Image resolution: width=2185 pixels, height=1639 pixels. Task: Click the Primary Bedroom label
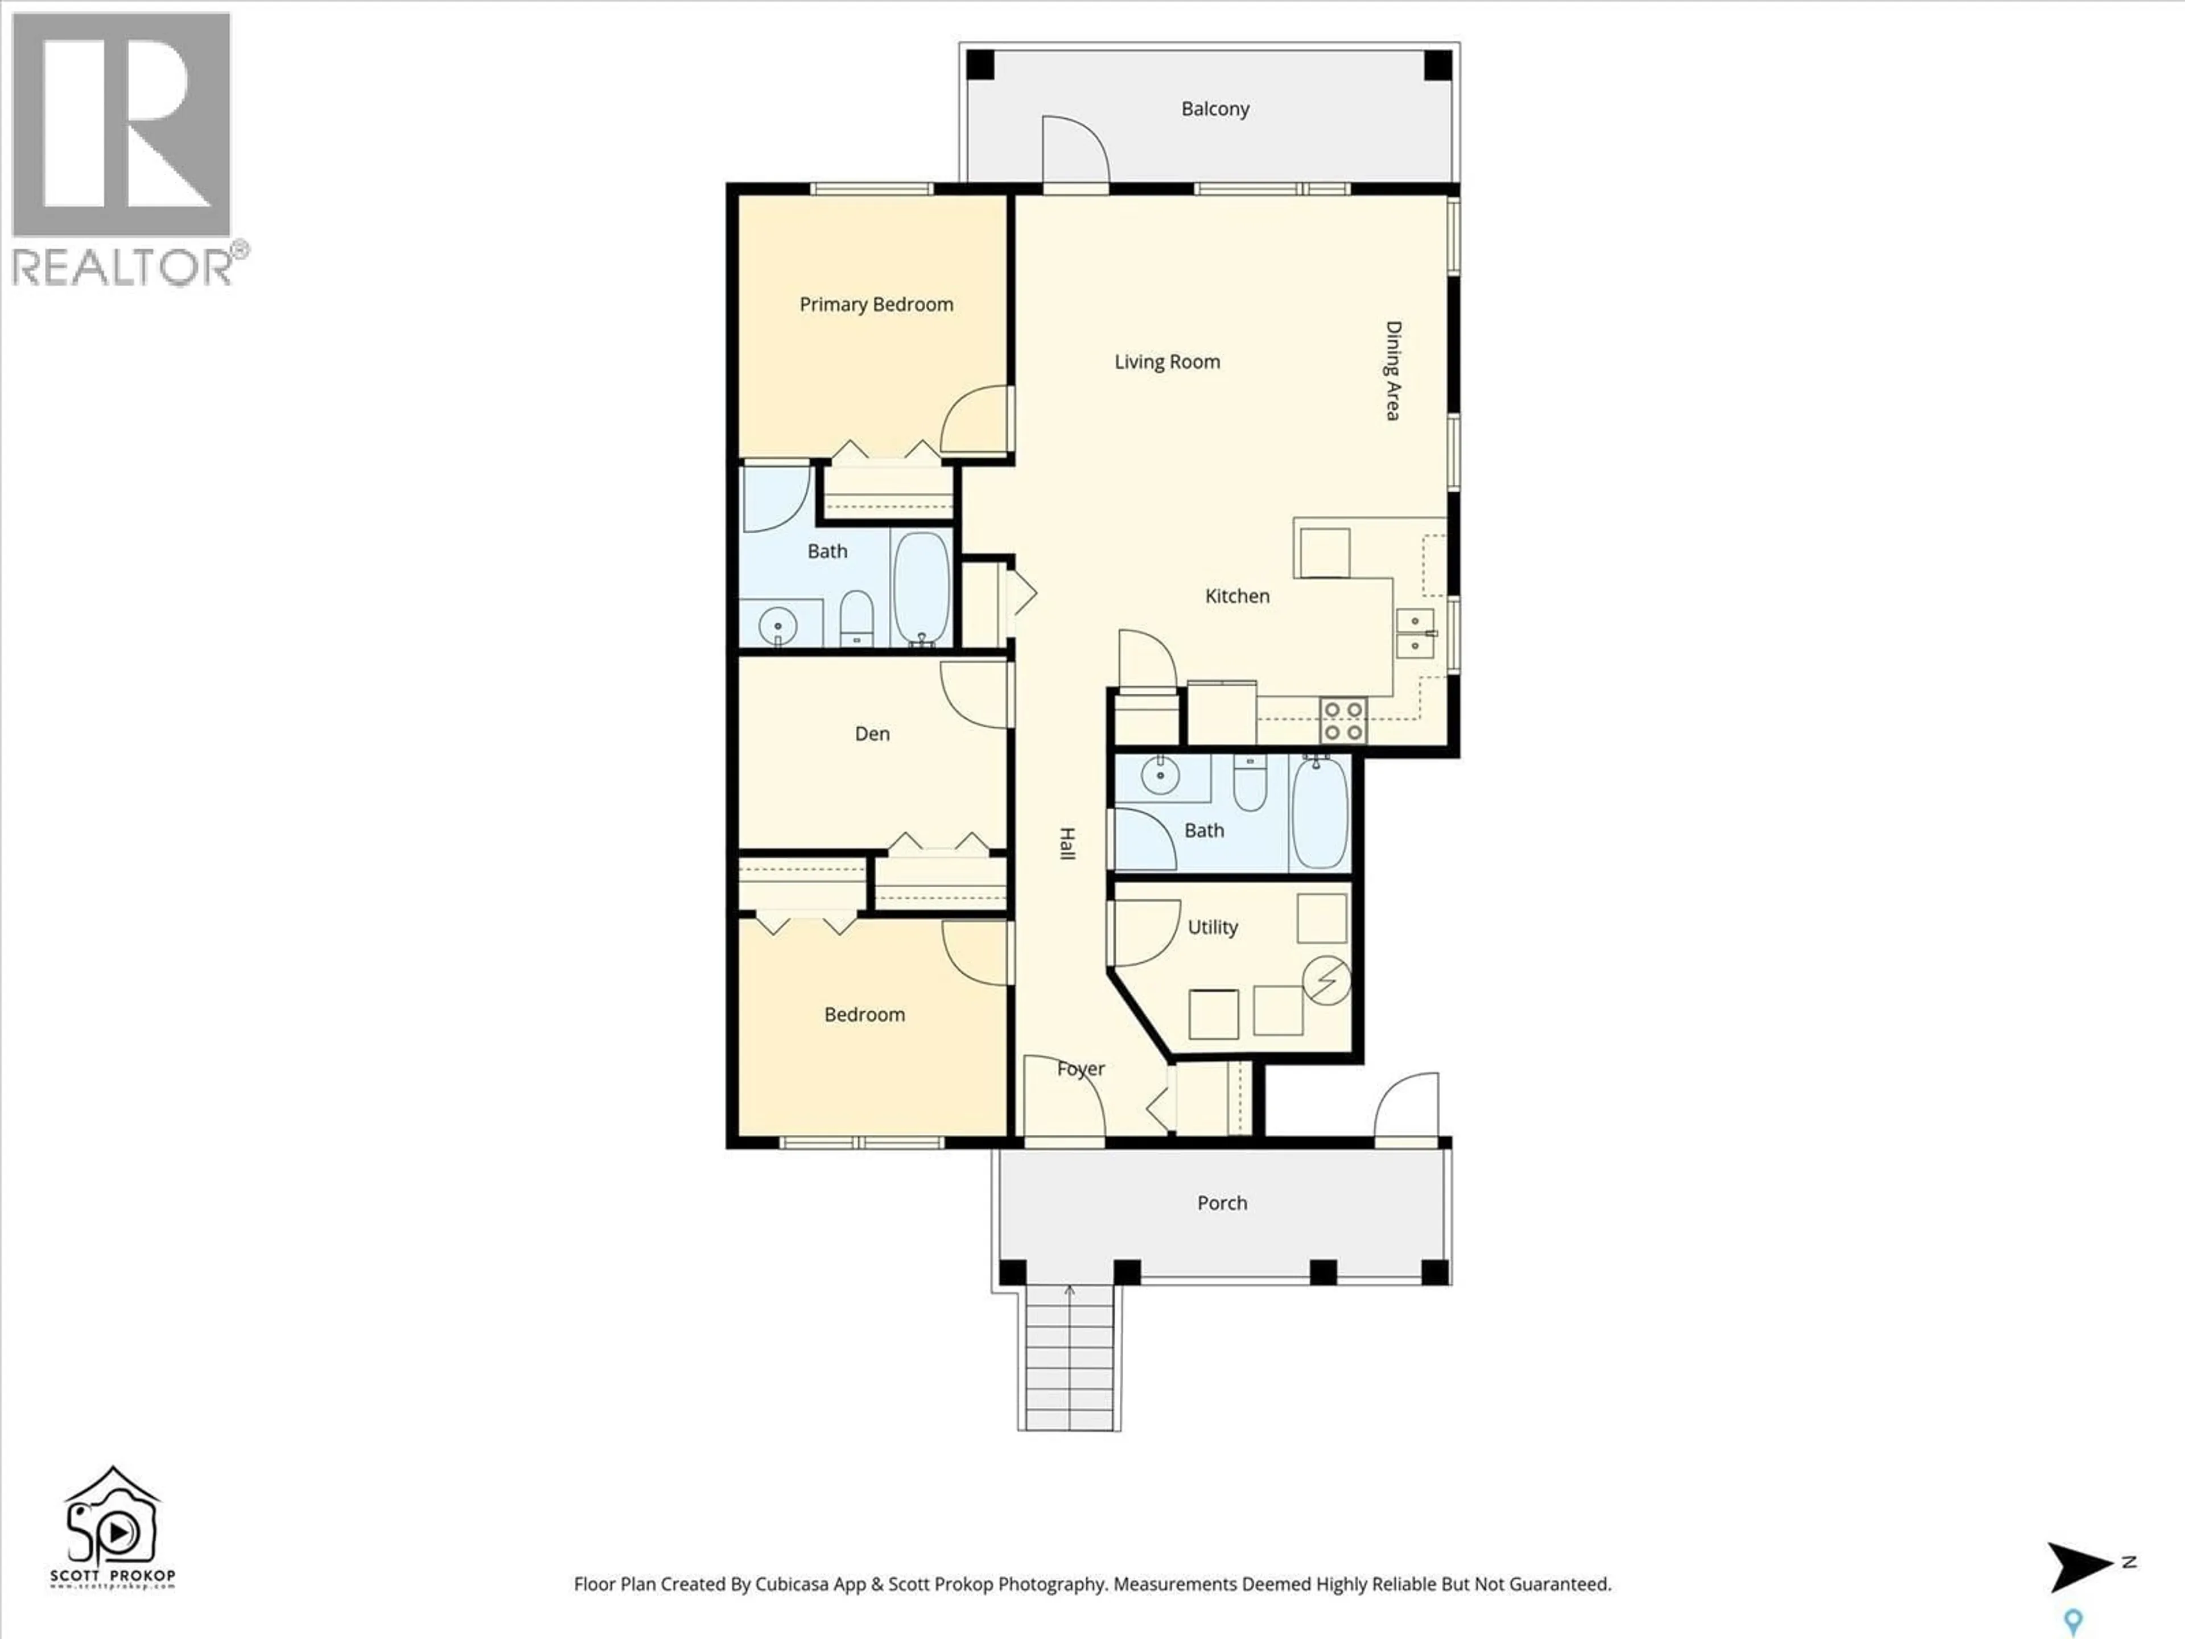tap(876, 304)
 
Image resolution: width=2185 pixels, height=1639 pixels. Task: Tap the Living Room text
tap(1166, 361)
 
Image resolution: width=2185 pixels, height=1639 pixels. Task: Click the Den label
tap(872, 733)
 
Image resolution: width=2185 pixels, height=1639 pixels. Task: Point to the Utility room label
tap(1212, 926)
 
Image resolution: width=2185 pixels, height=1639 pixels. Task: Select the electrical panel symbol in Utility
tap(1326, 980)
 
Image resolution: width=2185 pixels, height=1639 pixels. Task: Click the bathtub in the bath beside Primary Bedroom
tap(921, 588)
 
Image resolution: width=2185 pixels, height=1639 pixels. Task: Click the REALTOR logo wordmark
tap(123, 267)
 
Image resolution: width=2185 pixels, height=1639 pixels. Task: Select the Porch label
tap(1222, 1203)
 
